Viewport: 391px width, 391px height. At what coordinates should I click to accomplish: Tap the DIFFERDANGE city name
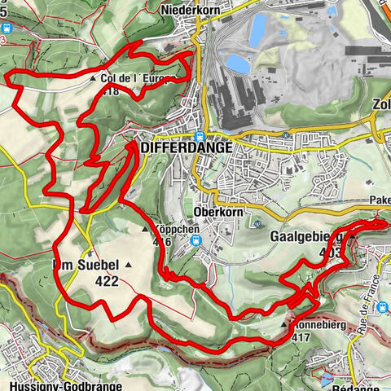(187, 148)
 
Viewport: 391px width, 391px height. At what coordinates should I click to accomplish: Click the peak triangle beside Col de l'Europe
(94, 81)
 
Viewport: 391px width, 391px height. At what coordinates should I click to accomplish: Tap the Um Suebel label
(86, 266)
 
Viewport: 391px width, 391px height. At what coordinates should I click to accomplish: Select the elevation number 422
(106, 282)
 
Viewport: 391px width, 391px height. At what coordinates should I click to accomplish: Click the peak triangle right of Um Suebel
(128, 266)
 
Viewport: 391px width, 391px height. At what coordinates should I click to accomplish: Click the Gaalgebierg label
(303, 237)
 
